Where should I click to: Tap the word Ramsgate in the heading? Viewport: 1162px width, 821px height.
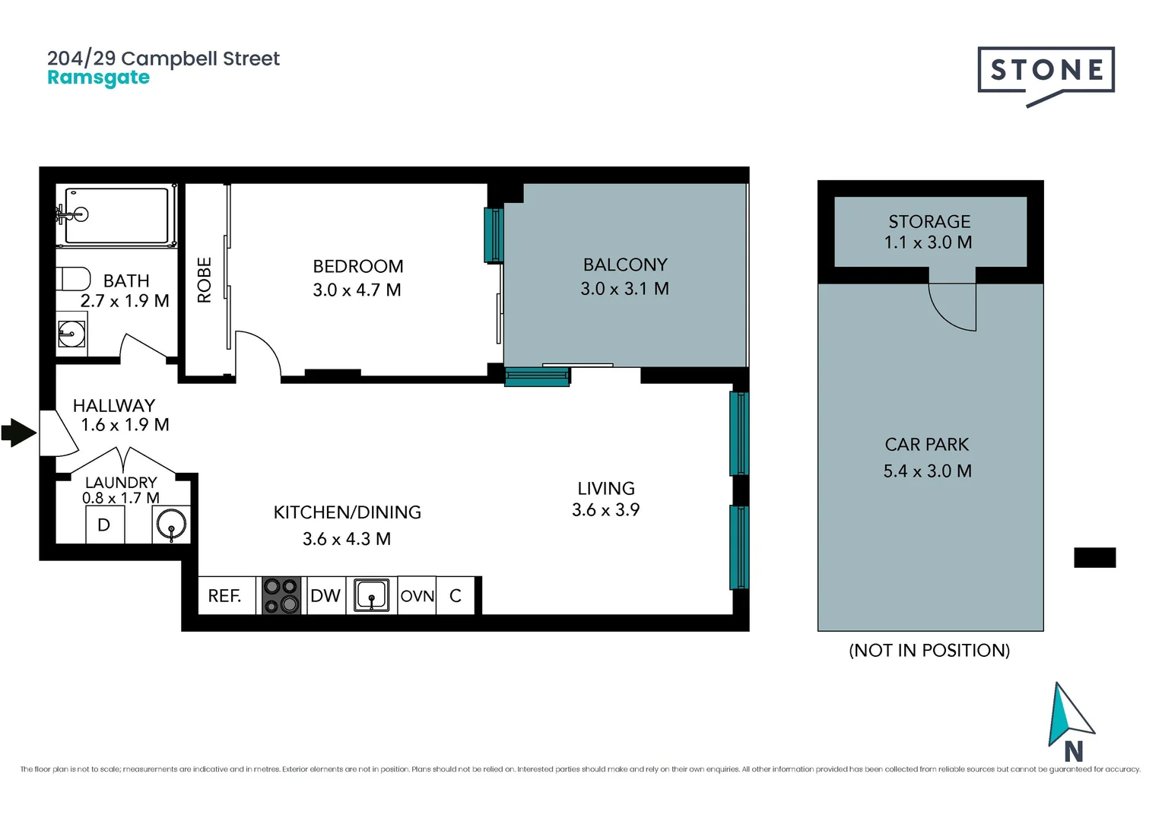(99, 78)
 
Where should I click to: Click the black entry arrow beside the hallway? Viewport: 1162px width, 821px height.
(19, 433)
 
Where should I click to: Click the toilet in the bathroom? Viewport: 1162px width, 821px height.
(74, 279)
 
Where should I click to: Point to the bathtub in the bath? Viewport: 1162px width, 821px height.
(116, 215)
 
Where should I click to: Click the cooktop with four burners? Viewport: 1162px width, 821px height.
(281, 595)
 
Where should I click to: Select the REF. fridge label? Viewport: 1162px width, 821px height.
(224, 596)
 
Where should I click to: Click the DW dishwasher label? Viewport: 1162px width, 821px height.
(325, 595)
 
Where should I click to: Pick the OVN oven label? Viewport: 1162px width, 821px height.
(417, 596)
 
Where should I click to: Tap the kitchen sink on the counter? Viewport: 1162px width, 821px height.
(371, 595)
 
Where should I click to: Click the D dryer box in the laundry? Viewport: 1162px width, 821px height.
(105, 525)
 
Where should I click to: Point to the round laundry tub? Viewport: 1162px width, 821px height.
(171, 524)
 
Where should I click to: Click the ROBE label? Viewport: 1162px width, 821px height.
(205, 280)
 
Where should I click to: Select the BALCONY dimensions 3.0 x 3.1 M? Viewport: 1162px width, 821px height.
(624, 288)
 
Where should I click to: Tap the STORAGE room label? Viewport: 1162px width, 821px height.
(929, 221)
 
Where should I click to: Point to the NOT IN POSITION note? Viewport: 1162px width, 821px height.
(929, 651)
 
